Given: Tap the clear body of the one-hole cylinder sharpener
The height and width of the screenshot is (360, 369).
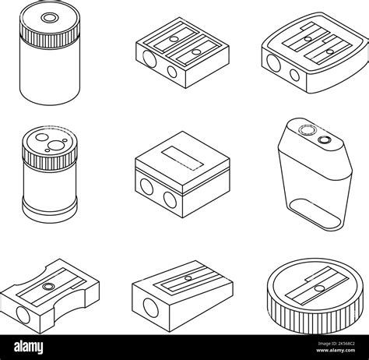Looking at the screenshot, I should [51, 78].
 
